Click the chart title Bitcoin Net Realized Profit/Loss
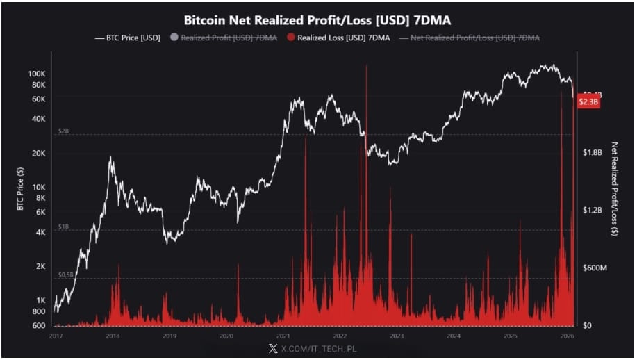pyautogui.click(x=317, y=20)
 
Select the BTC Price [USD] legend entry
pyautogui.click(x=127, y=38)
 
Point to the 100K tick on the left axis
pyautogui.click(x=36, y=73)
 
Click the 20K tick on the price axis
pyautogui.click(x=38, y=153)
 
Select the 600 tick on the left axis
pyautogui.click(x=39, y=325)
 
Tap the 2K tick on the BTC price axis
pyautogui.click(x=40, y=266)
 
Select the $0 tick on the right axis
pyautogui.click(x=587, y=325)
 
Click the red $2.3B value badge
pyautogui.click(x=588, y=102)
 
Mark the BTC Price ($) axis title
pyautogui.click(x=20, y=191)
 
